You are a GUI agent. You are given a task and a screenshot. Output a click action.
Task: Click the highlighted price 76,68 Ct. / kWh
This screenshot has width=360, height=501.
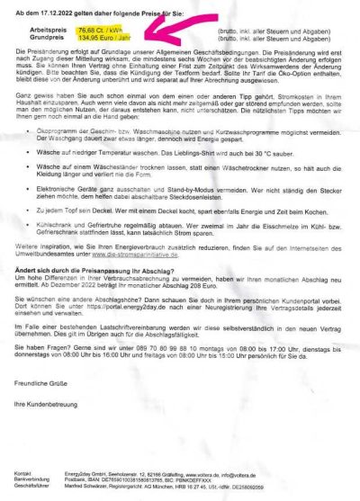(103, 30)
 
